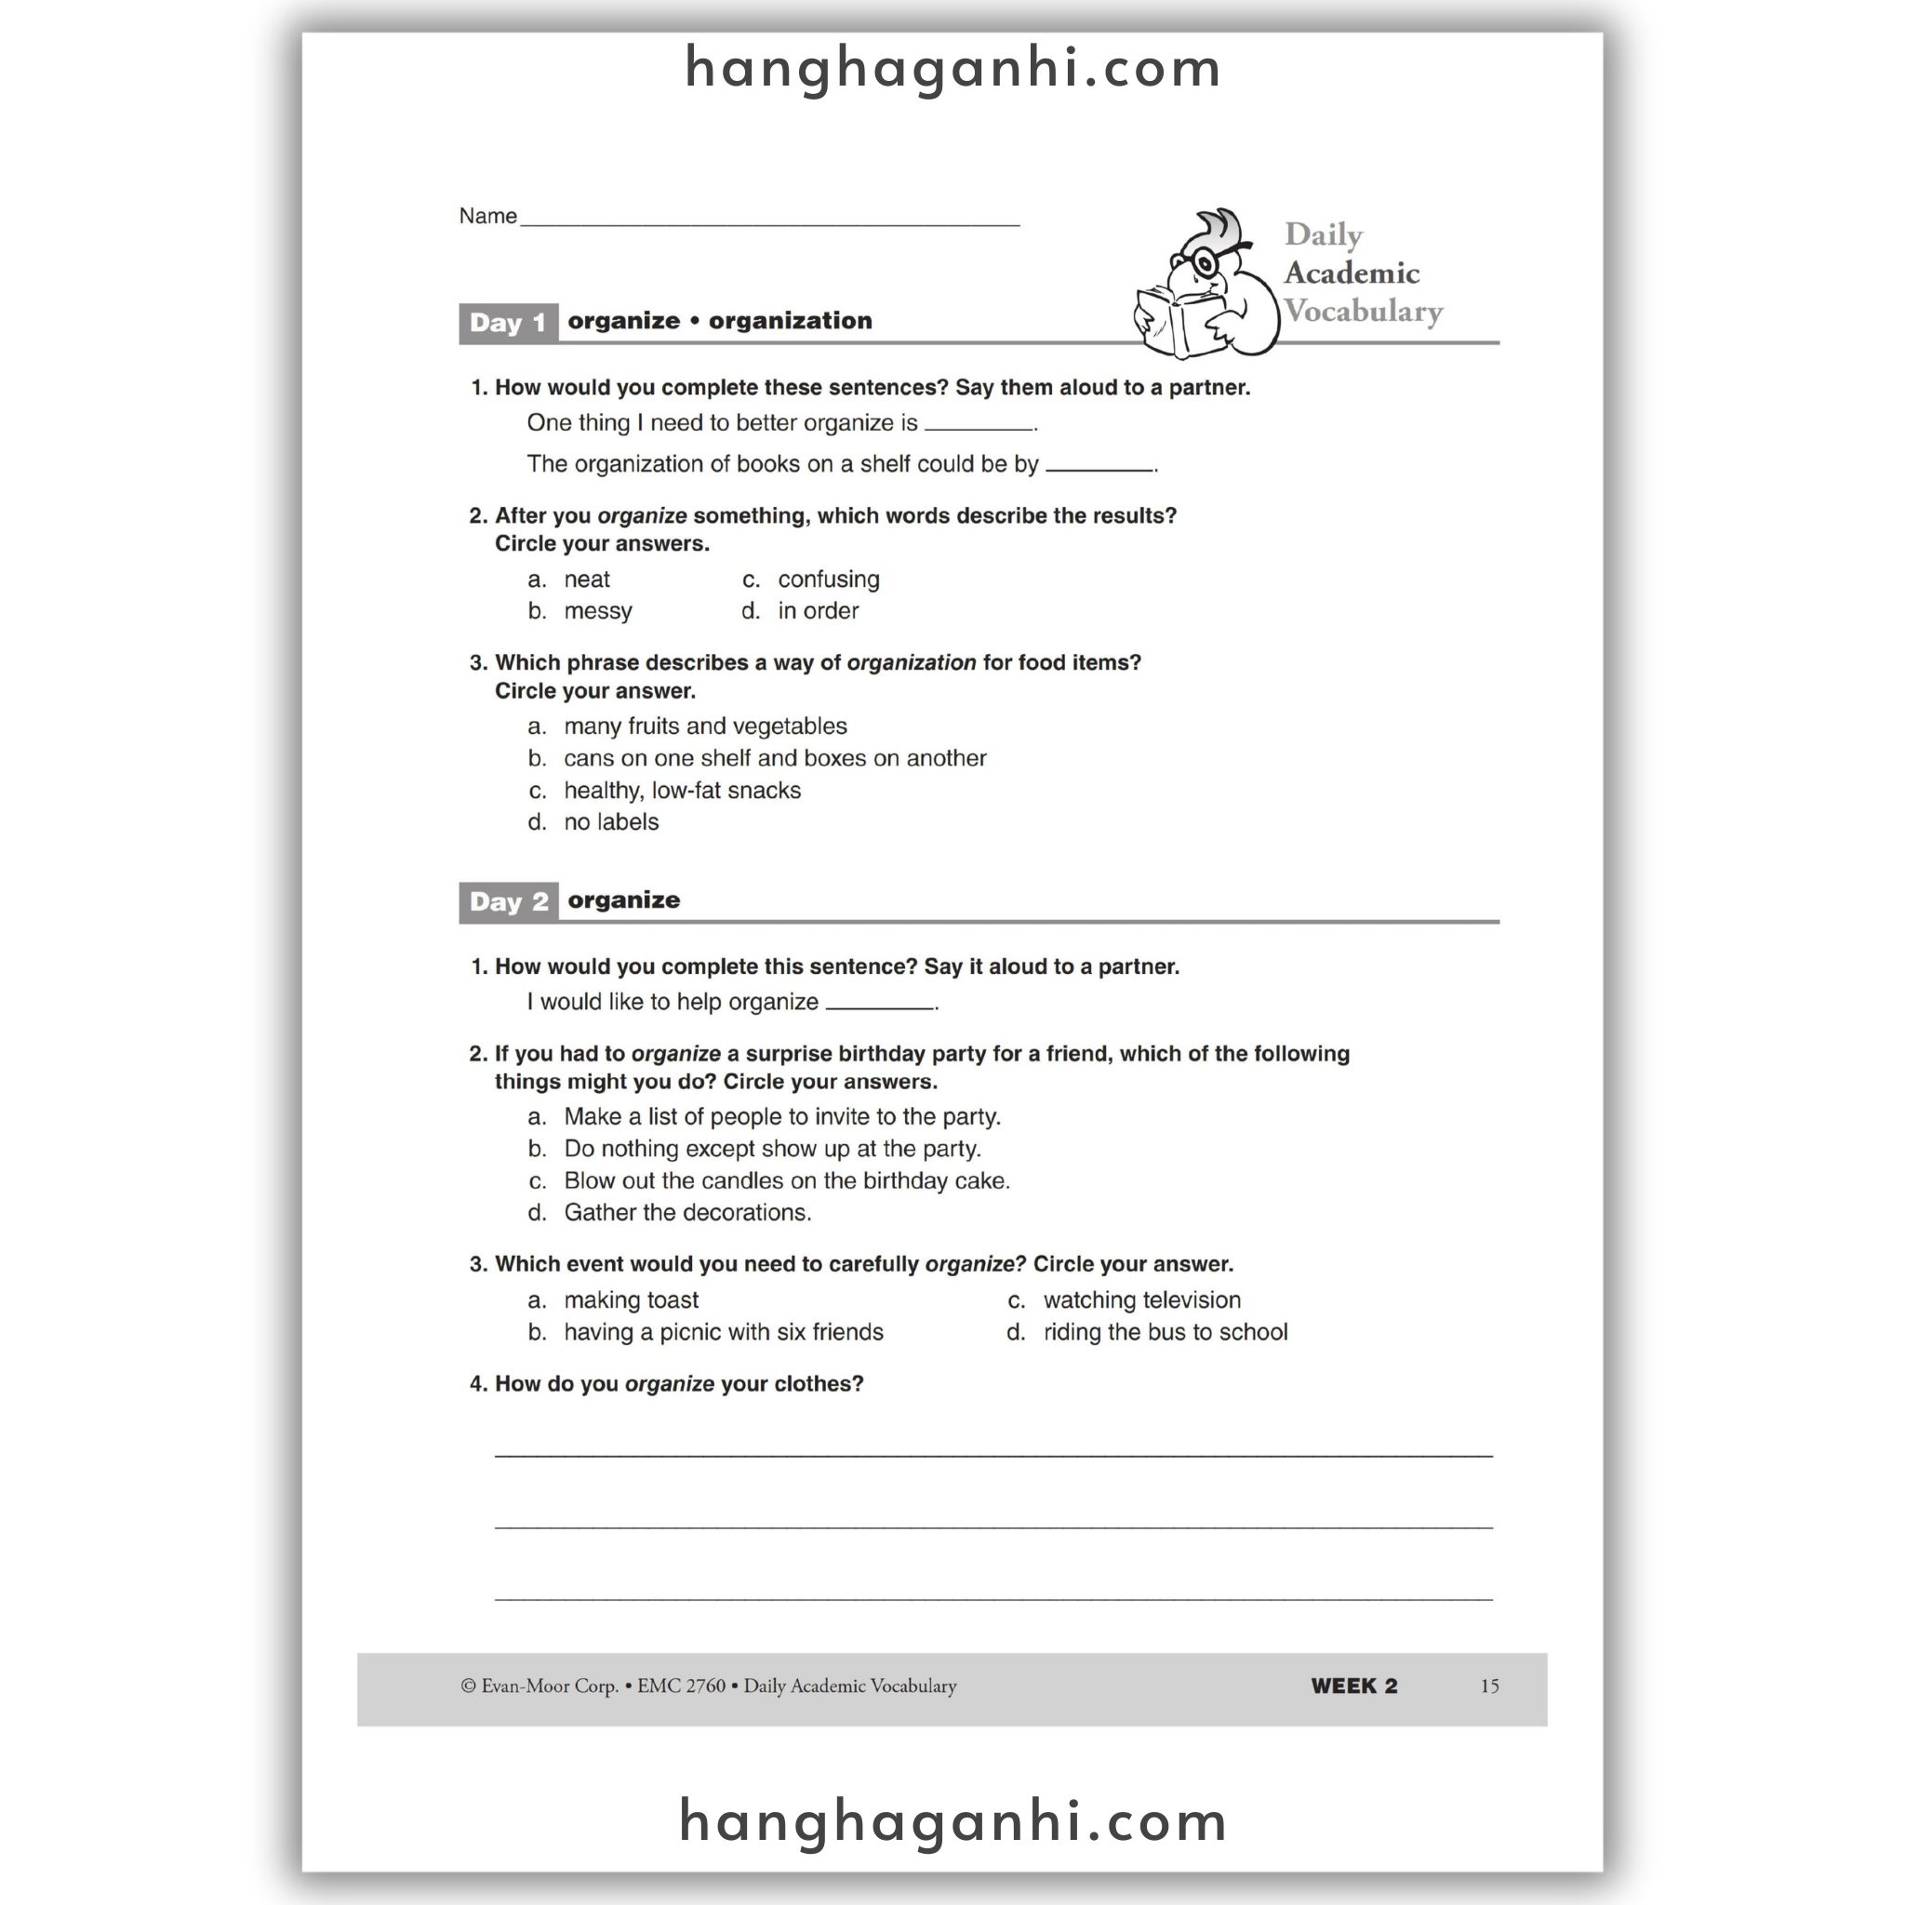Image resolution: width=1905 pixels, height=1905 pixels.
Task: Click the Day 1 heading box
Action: (x=508, y=324)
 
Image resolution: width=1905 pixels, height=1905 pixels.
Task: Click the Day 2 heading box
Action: (x=508, y=902)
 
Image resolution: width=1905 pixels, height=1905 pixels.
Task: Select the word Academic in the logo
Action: (x=1351, y=273)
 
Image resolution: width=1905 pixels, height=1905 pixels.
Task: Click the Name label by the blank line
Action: (x=487, y=216)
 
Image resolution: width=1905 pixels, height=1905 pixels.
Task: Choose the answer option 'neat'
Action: (x=587, y=579)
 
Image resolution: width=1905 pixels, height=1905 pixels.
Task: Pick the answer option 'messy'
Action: (x=597, y=611)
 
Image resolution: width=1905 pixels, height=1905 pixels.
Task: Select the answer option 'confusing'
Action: (x=828, y=579)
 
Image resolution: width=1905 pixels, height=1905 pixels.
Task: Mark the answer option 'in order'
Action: (x=818, y=611)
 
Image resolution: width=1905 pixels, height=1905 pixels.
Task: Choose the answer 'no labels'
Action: (x=610, y=822)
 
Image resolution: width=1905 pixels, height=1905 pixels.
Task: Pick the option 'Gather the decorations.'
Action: (x=687, y=1213)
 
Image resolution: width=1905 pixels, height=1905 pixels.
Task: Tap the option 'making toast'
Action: (x=631, y=1300)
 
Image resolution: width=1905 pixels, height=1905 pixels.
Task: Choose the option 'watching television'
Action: (x=1142, y=1300)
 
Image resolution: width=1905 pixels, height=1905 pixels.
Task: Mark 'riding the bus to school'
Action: (x=1166, y=1333)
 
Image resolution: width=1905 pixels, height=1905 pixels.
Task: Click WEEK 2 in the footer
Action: (x=1353, y=1686)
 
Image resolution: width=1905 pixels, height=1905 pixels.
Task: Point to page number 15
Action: (x=1489, y=1686)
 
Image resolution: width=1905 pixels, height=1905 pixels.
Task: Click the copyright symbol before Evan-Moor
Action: (x=469, y=1687)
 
